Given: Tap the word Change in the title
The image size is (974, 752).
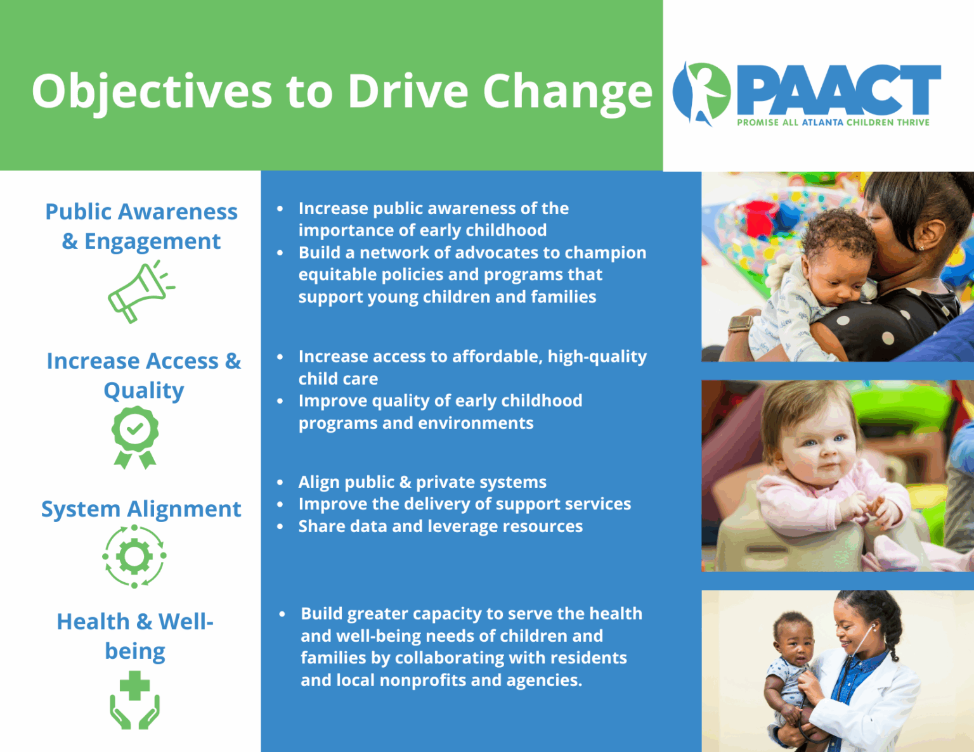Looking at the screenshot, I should (x=568, y=92).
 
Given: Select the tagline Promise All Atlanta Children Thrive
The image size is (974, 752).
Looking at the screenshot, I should (x=833, y=122).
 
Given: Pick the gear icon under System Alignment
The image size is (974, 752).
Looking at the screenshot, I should (x=134, y=557).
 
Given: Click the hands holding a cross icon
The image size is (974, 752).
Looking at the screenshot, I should (x=135, y=701).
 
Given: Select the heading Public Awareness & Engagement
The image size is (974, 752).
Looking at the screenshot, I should (x=141, y=226).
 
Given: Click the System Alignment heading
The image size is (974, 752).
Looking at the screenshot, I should (x=141, y=509).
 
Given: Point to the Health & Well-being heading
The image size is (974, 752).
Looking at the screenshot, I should (x=135, y=636).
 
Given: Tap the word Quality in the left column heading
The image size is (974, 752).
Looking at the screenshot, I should (x=144, y=391).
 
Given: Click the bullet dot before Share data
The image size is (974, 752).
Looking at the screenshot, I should (x=280, y=526).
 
